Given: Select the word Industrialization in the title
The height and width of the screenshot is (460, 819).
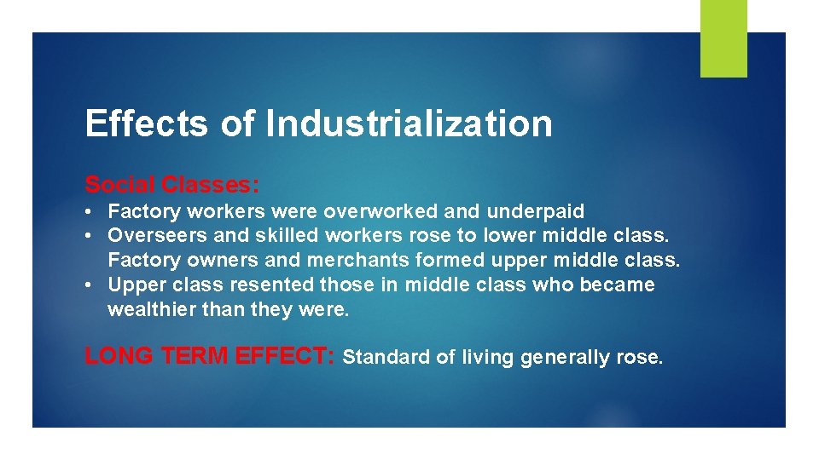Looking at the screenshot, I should coord(409,124).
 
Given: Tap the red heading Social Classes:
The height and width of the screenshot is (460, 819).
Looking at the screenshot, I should coord(171,184).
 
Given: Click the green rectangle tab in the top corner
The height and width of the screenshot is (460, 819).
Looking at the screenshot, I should coord(723,38).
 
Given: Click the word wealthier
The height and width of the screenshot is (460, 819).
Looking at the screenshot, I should coord(152,309).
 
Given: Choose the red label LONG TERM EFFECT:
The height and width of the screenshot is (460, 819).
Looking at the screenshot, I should coord(210,356).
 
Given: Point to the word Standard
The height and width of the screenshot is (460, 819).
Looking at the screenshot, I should coord(386,358).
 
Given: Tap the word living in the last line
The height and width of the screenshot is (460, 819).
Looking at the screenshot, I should coord(487,358).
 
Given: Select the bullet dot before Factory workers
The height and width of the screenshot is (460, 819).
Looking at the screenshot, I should coord(90,211).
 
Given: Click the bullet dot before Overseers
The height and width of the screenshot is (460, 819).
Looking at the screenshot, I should coord(90,236).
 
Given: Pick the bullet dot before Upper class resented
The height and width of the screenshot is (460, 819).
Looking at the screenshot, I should coord(90,285).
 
